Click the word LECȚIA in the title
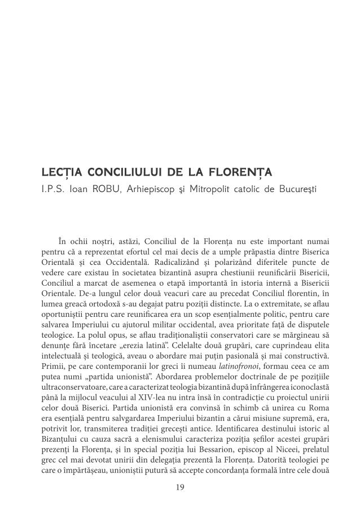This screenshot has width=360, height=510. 60,171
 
